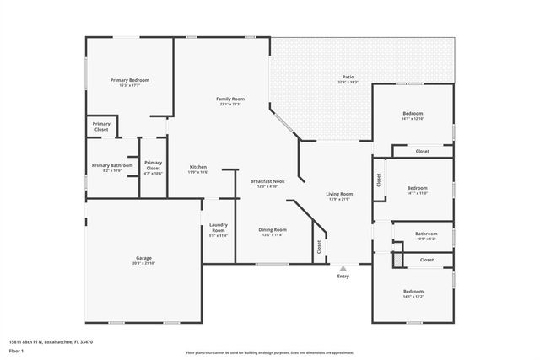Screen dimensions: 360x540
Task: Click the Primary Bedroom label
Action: pos(129,80)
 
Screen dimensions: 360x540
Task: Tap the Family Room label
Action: pos(230,99)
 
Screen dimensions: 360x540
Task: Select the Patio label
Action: pos(348,76)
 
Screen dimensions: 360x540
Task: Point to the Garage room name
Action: pos(143,258)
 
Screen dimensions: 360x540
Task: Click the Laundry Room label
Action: pos(218,228)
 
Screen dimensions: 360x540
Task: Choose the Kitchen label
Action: pos(198,166)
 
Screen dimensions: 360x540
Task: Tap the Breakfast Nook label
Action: pos(267,181)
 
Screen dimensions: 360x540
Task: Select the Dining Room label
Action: pos(272,229)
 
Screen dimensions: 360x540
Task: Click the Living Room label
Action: pos(339,194)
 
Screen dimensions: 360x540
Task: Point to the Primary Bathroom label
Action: pos(112,165)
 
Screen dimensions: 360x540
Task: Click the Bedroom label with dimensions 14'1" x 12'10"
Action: pos(413,113)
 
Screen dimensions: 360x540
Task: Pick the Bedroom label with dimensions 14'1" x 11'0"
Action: pos(417,188)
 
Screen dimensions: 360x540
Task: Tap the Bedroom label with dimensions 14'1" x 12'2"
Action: pos(413,291)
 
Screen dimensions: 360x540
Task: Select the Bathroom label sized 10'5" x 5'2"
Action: pos(426,234)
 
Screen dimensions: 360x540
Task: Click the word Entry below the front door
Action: pos(343,277)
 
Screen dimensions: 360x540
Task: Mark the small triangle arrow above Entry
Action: pos(343,266)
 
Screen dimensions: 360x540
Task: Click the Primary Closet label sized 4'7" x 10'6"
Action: pos(153,166)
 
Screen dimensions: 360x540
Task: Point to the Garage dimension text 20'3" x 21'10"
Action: pos(143,264)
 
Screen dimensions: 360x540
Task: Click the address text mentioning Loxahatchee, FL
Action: pos(51,342)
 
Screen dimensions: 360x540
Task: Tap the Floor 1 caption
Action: pos(16,350)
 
